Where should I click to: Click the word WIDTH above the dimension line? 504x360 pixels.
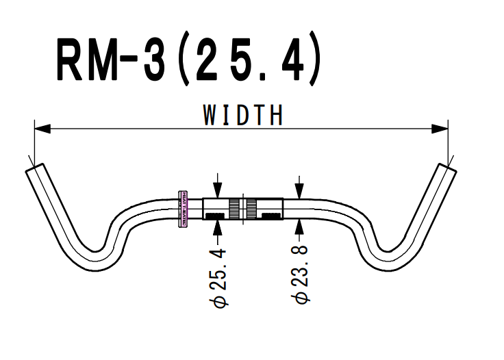(242, 114)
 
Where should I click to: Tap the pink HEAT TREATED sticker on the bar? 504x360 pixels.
(182, 208)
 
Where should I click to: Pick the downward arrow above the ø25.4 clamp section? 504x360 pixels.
(218, 192)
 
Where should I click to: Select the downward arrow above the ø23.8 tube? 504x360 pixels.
(299, 192)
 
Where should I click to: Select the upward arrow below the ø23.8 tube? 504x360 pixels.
(299, 225)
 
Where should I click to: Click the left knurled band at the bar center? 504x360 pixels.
(234, 209)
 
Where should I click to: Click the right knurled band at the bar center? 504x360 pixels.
(251, 209)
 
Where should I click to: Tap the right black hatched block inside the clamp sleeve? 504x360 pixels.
(268, 217)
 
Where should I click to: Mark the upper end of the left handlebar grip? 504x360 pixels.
(34, 168)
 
